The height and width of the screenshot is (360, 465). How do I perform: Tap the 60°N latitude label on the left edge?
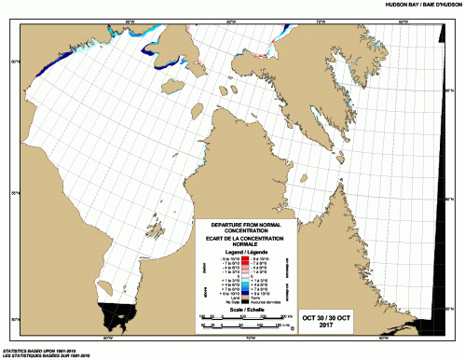12,62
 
